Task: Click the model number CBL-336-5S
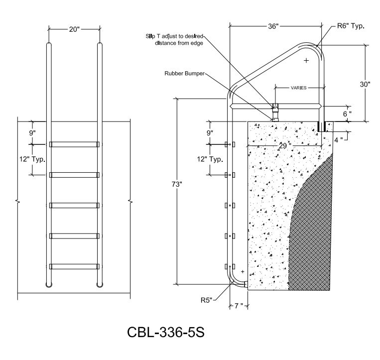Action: [166, 332]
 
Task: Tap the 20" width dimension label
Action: [74, 29]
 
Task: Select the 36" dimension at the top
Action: [273, 26]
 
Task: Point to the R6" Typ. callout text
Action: [351, 26]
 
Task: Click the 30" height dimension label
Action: [365, 84]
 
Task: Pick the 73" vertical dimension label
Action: [177, 184]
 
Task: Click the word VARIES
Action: [299, 88]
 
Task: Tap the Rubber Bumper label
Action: [184, 73]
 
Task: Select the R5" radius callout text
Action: [206, 300]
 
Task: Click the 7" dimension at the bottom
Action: [239, 306]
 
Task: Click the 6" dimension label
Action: [347, 114]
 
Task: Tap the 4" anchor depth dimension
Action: [339, 140]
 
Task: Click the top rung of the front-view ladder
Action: [74, 144]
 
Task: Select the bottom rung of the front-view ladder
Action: [74, 266]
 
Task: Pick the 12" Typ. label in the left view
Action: [32, 159]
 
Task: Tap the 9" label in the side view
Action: [210, 133]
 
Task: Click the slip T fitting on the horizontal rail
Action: [276, 106]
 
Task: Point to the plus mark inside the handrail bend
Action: [306, 60]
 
